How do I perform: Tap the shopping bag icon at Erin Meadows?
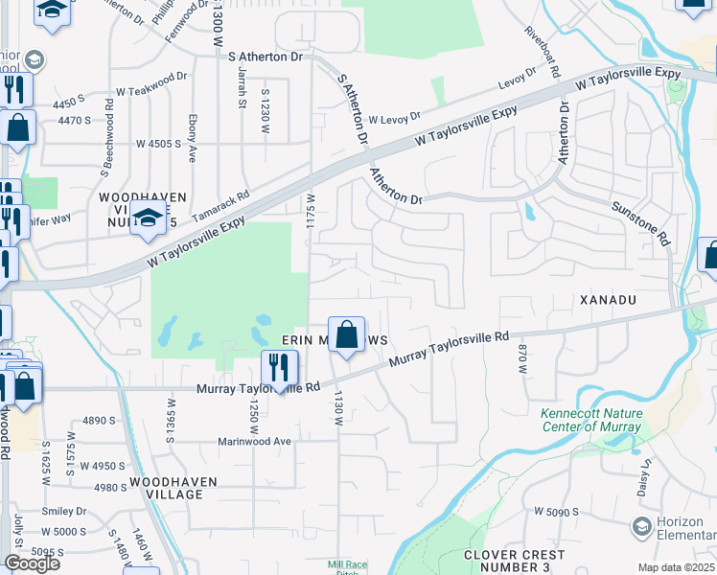click(x=347, y=336)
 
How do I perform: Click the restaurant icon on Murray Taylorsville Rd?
click(x=280, y=369)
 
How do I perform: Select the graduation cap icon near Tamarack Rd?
click(x=149, y=220)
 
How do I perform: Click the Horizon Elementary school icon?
click(x=642, y=526)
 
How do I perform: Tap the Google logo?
click(x=32, y=563)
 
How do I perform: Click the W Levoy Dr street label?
click(x=394, y=117)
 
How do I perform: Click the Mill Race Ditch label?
click(x=347, y=568)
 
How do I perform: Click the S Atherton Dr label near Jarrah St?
click(x=266, y=57)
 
